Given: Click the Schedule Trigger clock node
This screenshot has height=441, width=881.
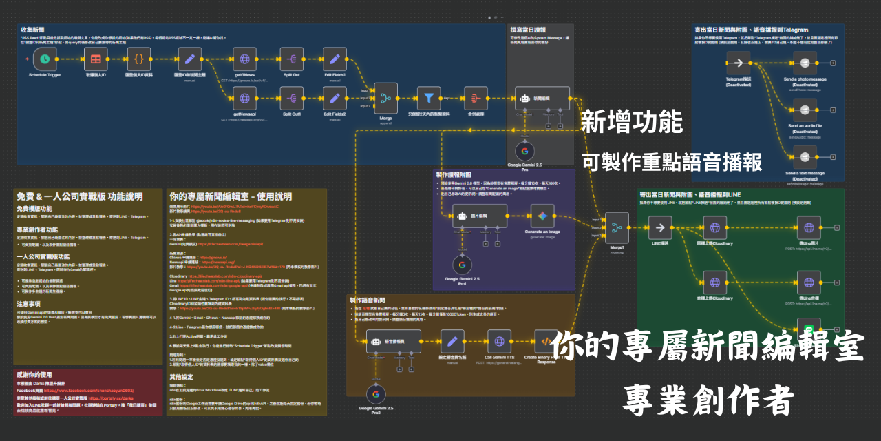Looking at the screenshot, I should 45,59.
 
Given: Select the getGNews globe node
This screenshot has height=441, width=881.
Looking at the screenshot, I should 244,59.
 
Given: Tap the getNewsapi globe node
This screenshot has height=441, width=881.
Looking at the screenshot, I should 244,99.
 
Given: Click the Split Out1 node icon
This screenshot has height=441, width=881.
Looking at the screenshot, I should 291,99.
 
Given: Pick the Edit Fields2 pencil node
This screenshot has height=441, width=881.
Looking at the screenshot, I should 335,99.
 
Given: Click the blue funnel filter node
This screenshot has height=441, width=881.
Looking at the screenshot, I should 429,99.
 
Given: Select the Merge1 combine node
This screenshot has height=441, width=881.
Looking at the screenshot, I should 616,227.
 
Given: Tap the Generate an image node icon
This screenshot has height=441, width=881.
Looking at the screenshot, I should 543,216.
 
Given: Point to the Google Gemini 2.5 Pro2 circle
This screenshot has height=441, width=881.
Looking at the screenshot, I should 375,395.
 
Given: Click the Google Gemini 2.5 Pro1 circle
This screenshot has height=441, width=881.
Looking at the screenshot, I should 461,265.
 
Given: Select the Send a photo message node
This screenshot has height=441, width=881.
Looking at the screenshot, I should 804,63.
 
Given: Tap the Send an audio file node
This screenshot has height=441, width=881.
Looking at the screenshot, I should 804,108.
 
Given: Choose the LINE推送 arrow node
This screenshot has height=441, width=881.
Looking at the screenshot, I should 660,227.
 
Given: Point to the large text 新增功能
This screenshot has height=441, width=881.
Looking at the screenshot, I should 631,123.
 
